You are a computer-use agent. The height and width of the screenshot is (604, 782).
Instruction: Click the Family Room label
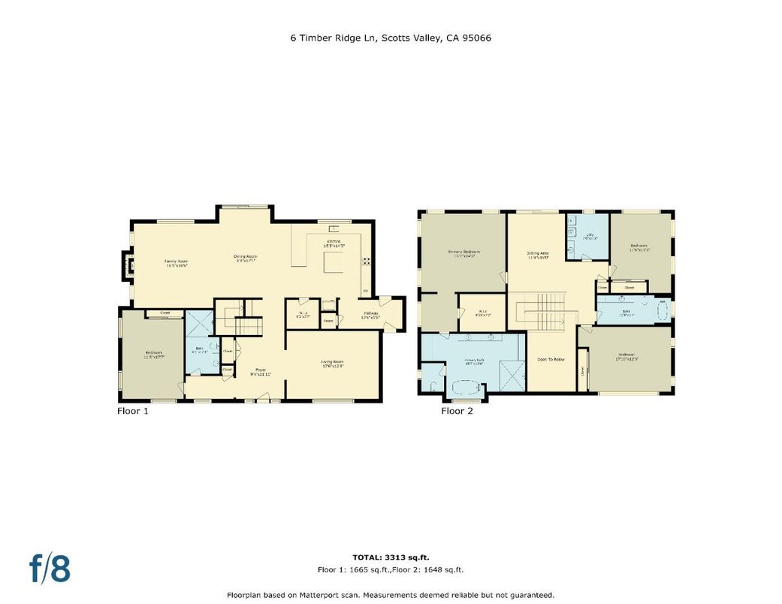tap(176, 263)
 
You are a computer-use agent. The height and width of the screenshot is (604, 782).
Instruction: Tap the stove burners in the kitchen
tap(367, 261)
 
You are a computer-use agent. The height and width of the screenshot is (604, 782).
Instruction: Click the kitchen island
tap(334, 263)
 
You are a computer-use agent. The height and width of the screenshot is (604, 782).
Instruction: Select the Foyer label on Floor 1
tap(261, 371)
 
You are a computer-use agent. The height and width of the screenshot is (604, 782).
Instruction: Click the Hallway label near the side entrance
tap(371, 315)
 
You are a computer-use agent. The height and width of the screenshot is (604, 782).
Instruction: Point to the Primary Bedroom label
tap(463, 253)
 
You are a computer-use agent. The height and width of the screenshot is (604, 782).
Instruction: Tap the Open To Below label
tap(551, 360)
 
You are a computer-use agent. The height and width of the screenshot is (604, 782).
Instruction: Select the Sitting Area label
tap(538, 255)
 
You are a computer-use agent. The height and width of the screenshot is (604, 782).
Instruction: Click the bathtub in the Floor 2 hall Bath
tap(663, 310)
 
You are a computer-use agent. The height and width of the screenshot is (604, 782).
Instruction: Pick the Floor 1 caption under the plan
tap(133, 411)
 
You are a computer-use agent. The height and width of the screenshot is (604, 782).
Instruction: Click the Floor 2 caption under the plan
tap(457, 411)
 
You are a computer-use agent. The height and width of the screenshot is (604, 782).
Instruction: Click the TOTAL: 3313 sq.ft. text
tap(391, 557)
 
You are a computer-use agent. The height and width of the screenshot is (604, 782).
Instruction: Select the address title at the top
tap(391, 37)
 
